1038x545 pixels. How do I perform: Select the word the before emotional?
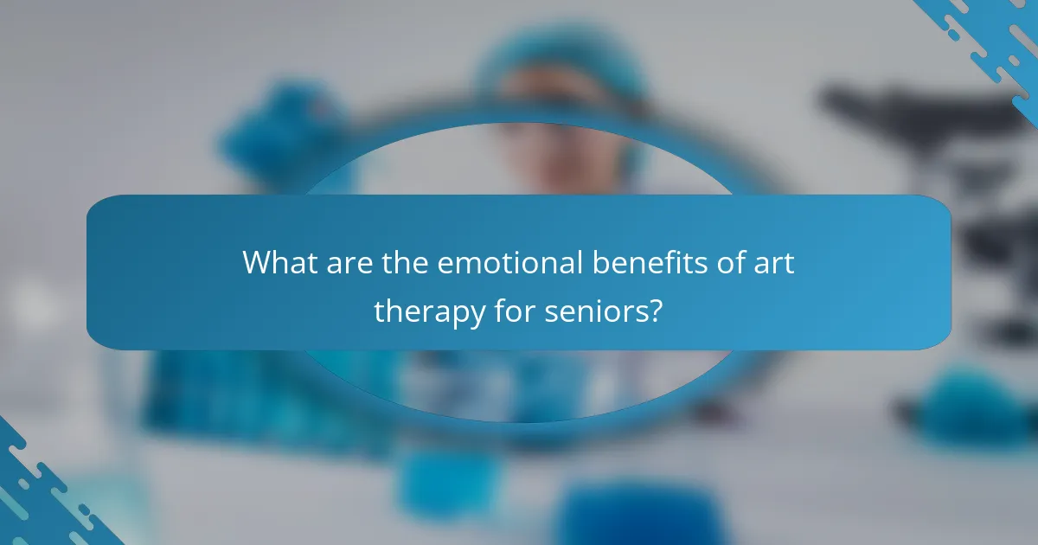[402, 262]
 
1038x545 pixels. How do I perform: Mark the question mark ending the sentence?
[657, 311]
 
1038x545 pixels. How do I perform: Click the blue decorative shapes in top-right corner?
[986, 43]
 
